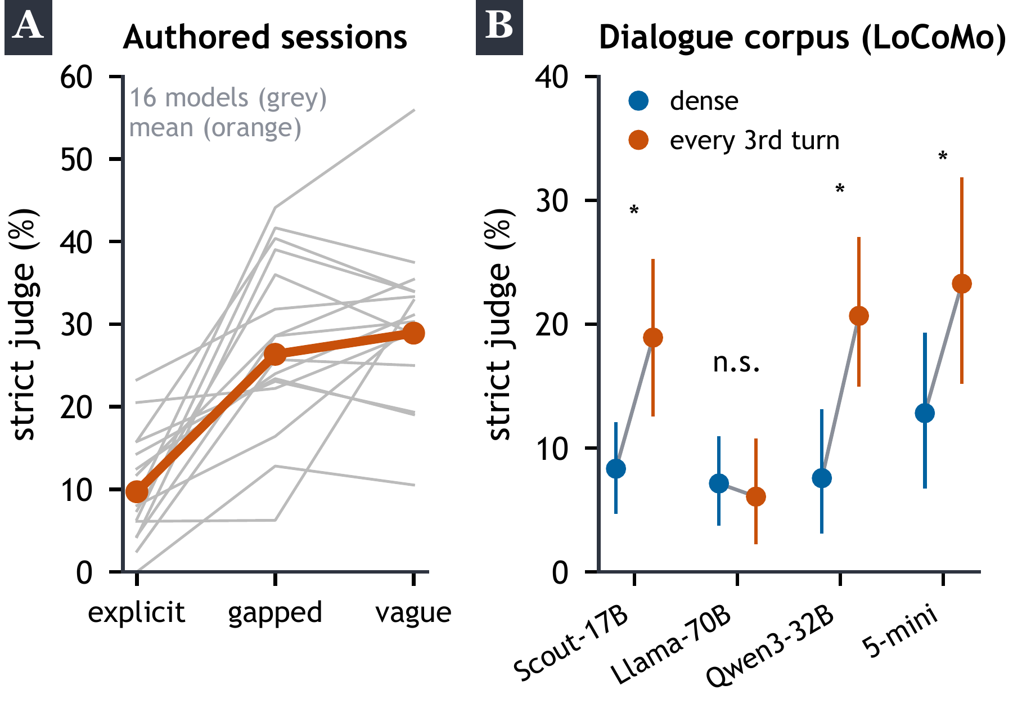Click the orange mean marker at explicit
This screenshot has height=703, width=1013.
(x=137, y=492)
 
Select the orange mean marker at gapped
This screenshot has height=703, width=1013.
(x=275, y=355)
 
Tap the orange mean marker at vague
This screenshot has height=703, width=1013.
(x=414, y=333)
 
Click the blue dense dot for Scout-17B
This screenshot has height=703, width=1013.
(x=616, y=468)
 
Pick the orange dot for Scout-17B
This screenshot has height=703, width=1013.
(x=652, y=338)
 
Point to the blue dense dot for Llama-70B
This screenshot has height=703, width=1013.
(x=719, y=483)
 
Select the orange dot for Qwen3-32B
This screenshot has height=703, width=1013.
(x=858, y=316)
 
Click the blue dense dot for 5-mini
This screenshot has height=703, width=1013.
(x=925, y=413)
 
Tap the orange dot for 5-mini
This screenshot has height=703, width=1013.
(x=962, y=284)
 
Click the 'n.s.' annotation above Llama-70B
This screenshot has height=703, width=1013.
(x=737, y=364)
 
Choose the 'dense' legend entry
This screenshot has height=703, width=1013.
(x=683, y=101)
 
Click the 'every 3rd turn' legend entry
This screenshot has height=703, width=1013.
(x=733, y=140)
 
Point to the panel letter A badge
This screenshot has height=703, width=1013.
(x=28, y=27)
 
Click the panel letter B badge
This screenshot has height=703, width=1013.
(x=499, y=27)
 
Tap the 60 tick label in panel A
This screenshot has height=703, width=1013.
(x=76, y=77)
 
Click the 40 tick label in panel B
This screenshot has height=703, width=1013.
(x=552, y=77)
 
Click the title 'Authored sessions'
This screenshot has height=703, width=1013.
(x=265, y=37)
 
